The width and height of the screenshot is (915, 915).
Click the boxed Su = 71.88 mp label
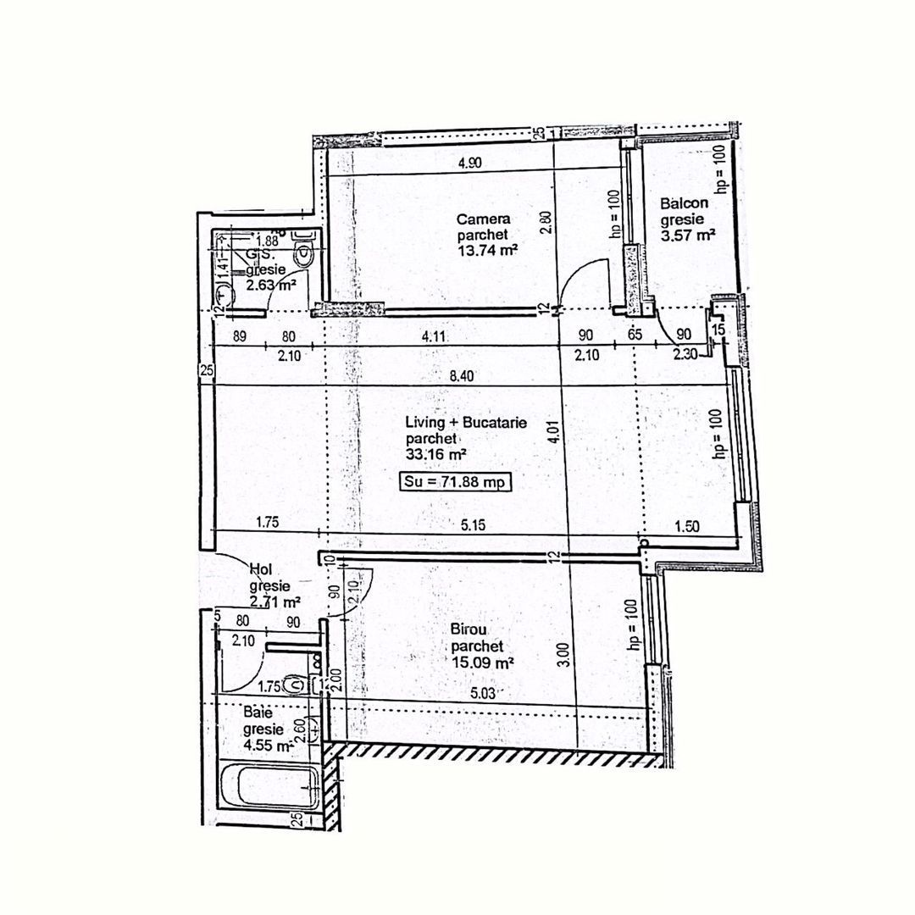(x=457, y=483)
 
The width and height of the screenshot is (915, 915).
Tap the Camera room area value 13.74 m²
(x=487, y=250)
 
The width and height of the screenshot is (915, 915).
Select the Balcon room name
(x=683, y=204)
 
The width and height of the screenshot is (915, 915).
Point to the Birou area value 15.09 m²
(x=481, y=664)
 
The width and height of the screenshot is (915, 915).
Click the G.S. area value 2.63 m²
(x=270, y=286)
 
